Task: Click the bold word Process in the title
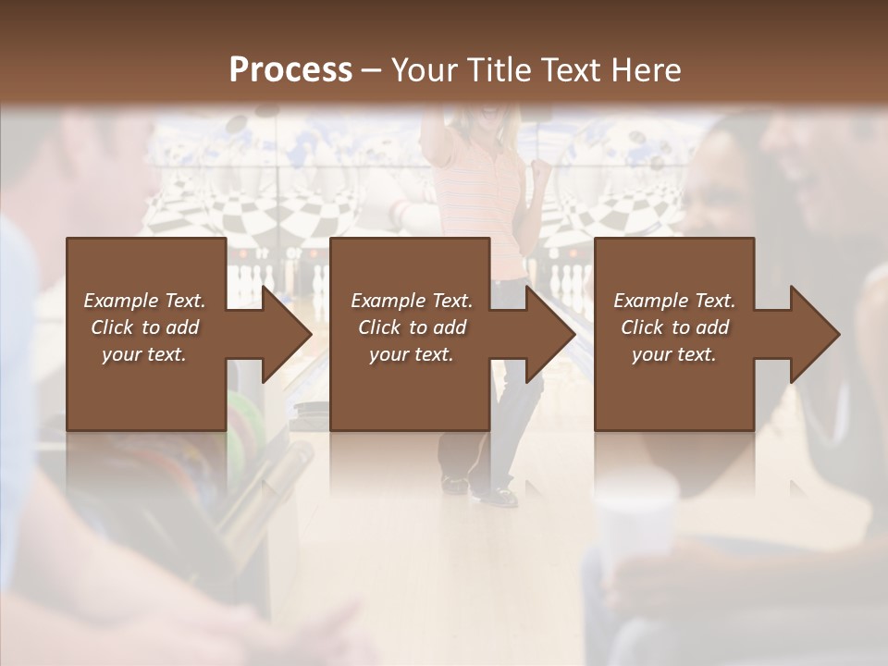pyautogui.click(x=290, y=69)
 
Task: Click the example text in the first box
pyautogui.click(x=144, y=327)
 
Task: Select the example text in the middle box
pyautogui.click(x=411, y=327)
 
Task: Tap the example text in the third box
pyautogui.click(x=674, y=327)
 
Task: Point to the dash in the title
pyautogui.click(x=372, y=70)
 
